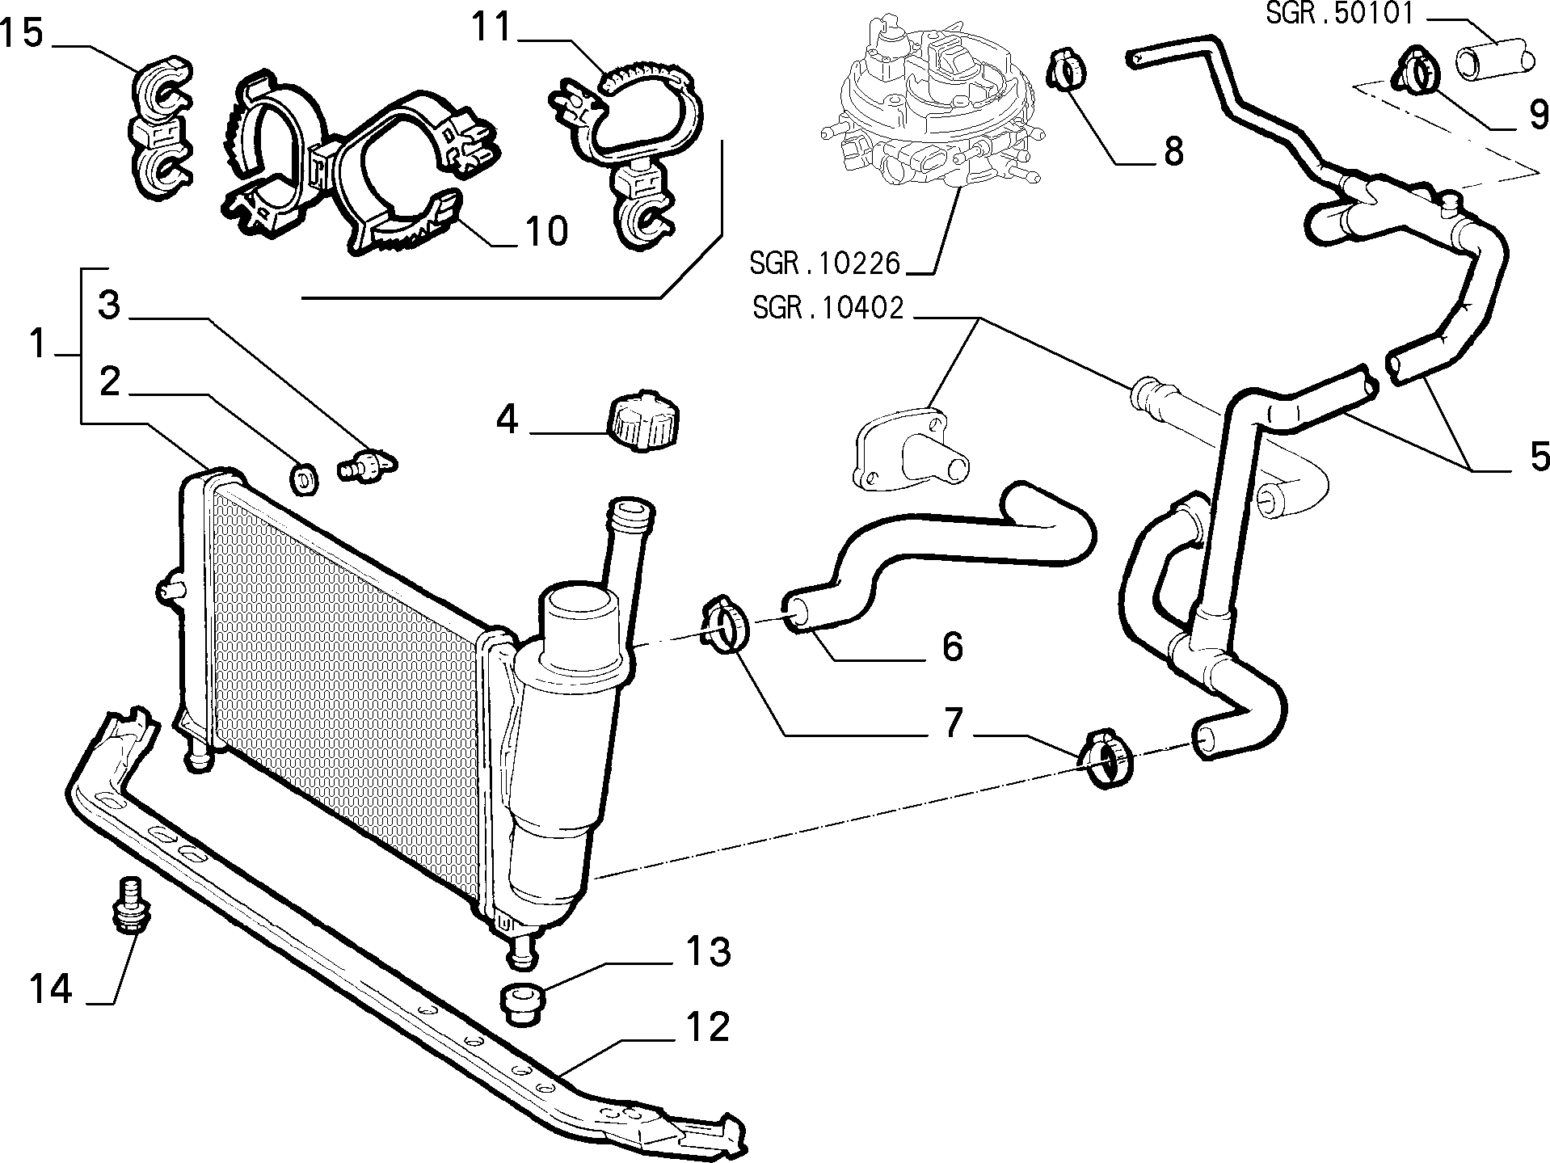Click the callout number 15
pyautogui.click(x=21, y=35)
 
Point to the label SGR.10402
pyautogui.click(x=827, y=308)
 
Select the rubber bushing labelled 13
pyautogui.click(x=522, y=1003)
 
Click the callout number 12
pyautogui.click(x=708, y=1028)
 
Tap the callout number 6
pyautogui.click(x=953, y=647)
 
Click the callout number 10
pyautogui.click(x=547, y=232)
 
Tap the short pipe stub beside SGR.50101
pyautogui.click(x=1493, y=59)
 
